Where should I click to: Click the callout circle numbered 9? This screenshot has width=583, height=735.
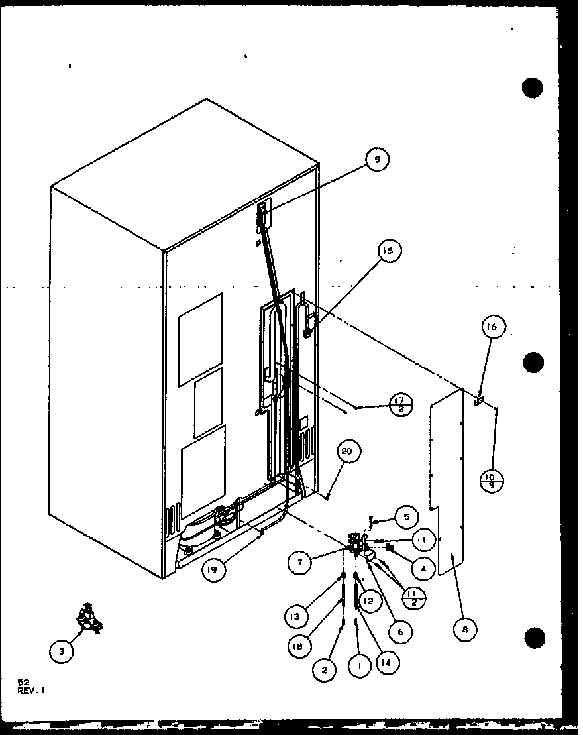(x=378, y=159)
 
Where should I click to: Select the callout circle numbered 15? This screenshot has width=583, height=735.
(x=388, y=251)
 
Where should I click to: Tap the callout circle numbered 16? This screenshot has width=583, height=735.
(x=494, y=326)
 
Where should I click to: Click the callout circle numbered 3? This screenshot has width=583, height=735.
(x=62, y=651)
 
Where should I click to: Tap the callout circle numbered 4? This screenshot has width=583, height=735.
(x=423, y=568)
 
